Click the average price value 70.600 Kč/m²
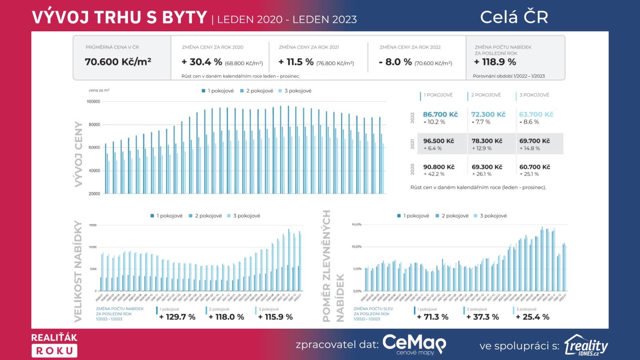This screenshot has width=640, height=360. click(x=118, y=62)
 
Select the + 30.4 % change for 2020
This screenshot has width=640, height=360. click(x=202, y=62)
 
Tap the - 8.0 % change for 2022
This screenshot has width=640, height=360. click(x=395, y=62)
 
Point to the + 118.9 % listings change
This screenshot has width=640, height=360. click(x=495, y=62)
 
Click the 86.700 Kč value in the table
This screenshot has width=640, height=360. click(x=440, y=114)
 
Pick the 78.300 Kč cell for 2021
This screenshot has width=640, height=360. click(x=487, y=141)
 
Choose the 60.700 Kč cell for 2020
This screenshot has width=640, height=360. click(x=534, y=167)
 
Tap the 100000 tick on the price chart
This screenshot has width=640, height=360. click(x=94, y=102)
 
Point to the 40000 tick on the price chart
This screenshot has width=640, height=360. click(x=94, y=171)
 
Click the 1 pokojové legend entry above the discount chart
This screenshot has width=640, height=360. click(x=413, y=216)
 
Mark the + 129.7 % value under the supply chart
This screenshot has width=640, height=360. click(x=177, y=317)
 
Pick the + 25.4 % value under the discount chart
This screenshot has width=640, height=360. click(x=532, y=317)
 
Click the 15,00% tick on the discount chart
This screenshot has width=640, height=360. click(x=356, y=225)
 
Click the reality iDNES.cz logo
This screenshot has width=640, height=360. click(x=586, y=345)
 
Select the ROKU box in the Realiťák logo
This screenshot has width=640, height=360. click(x=54, y=351)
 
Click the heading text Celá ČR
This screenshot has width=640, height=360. click(x=514, y=17)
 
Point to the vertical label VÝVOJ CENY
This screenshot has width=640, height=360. click(x=79, y=154)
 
